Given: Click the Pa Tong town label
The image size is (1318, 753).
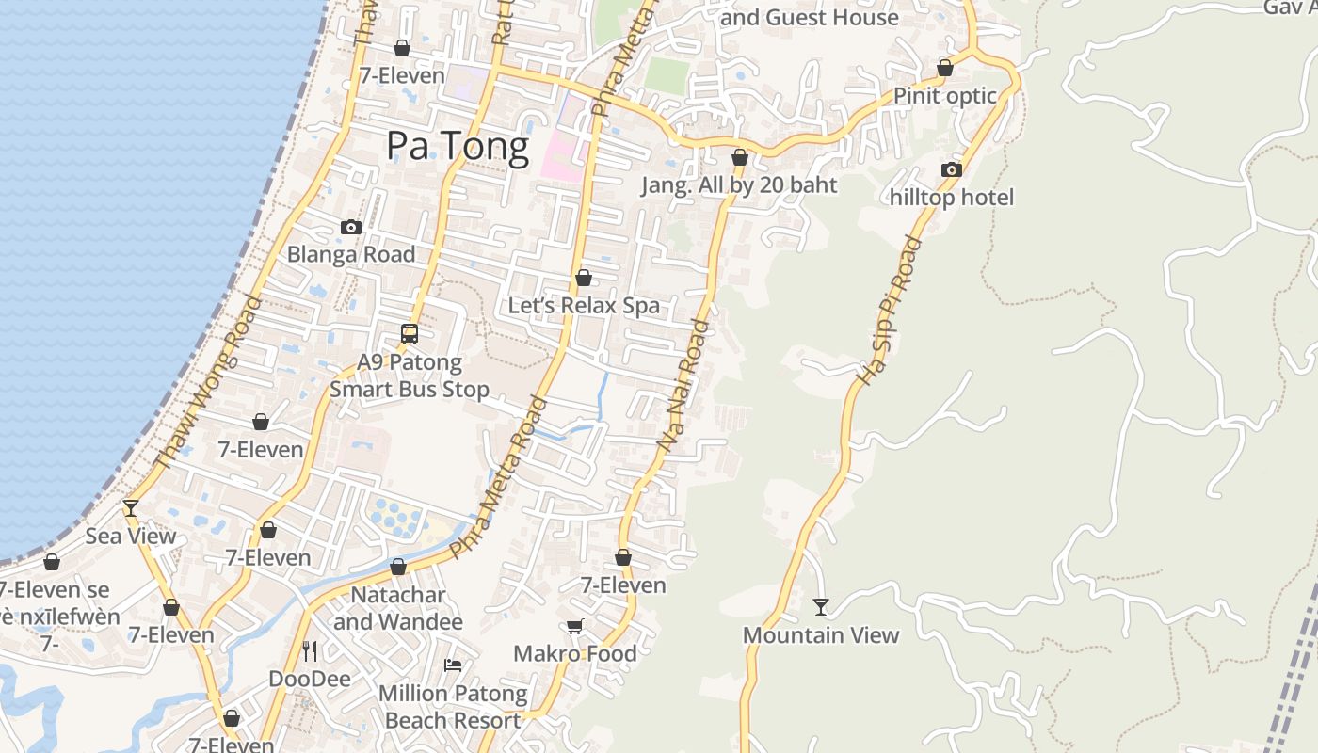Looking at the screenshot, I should tap(458, 146).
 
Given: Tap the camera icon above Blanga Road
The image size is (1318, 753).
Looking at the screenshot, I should tap(351, 227).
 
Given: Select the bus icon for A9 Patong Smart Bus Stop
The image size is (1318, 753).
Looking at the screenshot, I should tap(410, 333).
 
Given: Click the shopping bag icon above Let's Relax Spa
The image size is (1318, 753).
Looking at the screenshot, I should tap(584, 278).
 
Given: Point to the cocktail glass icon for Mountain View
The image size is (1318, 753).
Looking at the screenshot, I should tap(821, 607).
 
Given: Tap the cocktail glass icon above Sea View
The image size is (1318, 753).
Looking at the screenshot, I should tap(131, 508).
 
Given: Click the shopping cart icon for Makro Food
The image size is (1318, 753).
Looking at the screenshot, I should tap(574, 626).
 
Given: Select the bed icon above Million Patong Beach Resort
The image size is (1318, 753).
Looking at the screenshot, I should tap(453, 665).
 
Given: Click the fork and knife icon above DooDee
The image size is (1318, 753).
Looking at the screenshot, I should tap(310, 650).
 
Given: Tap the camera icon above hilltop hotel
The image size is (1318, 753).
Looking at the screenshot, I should tap(952, 169).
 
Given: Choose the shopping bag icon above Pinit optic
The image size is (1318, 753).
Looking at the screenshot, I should tap(945, 68).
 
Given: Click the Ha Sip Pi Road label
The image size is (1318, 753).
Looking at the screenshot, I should tap(889, 311).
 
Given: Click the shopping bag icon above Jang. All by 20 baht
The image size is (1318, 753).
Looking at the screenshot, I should tap(740, 157).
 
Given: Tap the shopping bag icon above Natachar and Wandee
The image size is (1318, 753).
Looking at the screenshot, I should tap(398, 567).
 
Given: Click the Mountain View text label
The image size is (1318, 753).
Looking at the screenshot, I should tap(821, 635).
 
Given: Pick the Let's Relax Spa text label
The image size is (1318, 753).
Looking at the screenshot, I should tap(584, 306).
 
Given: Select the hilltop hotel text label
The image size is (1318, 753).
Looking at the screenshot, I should tap(952, 198).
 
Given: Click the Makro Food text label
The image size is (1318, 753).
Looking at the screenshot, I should tap(574, 653).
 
